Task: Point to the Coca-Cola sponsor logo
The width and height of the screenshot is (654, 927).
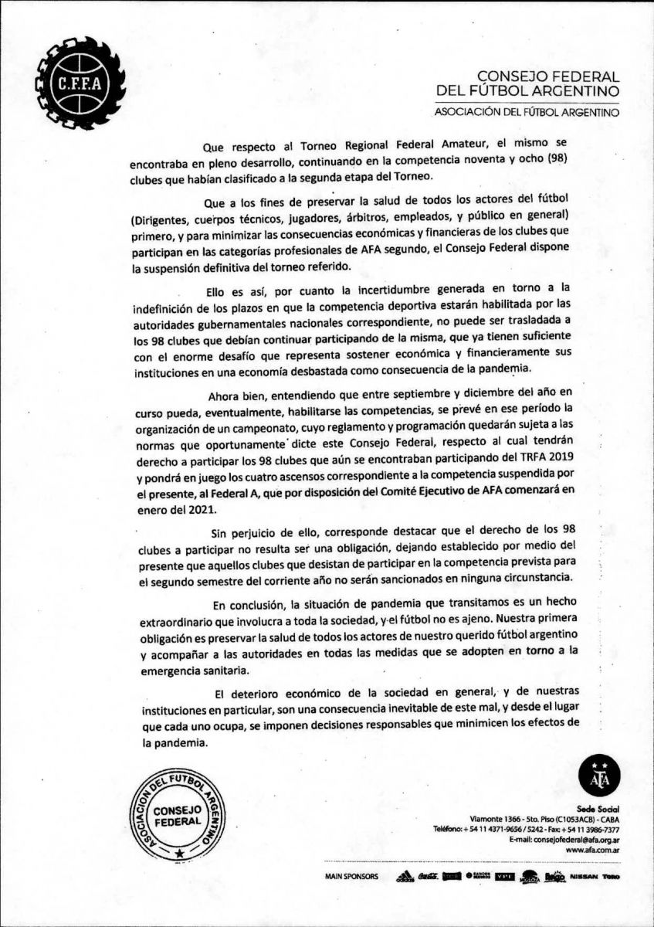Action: pos(429,877)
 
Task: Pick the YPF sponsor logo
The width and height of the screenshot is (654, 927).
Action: pos(505,877)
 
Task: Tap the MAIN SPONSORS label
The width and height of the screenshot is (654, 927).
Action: pos(351,878)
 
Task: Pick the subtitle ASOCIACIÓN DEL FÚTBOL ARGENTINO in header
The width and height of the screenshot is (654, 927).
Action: pos(527,113)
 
